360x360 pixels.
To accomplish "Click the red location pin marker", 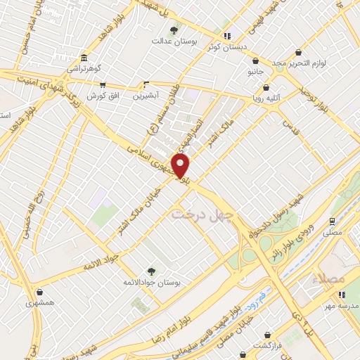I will [x=181, y=167].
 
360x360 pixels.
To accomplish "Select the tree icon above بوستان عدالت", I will [x=174, y=30].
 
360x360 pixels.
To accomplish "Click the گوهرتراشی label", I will [x=84, y=70].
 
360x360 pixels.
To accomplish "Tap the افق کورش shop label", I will [x=102, y=95].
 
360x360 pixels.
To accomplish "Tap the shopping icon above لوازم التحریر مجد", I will [x=299, y=52].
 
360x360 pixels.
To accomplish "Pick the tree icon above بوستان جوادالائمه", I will [x=151, y=271].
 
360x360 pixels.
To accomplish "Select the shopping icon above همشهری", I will [x=40, y=292].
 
